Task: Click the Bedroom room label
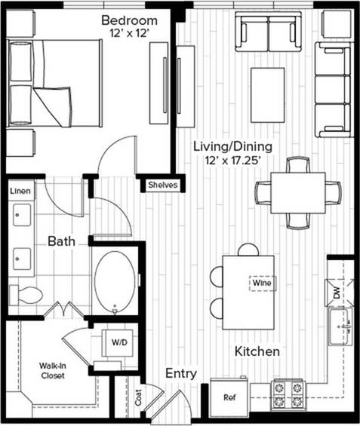129,20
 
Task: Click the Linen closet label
20,192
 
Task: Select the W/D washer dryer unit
119,342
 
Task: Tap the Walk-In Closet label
53,370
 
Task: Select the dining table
297,192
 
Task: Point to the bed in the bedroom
54,84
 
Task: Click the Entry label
181,373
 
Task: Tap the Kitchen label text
257,351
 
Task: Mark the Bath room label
61,242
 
